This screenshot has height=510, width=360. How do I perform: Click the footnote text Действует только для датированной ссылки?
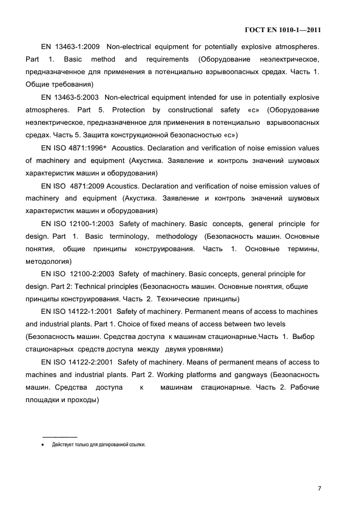coord(99,445)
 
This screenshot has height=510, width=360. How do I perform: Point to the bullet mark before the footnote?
coord(43,445)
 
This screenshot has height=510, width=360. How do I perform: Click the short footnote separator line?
coord(59,437)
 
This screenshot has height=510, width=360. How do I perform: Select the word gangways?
coord(250,375)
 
